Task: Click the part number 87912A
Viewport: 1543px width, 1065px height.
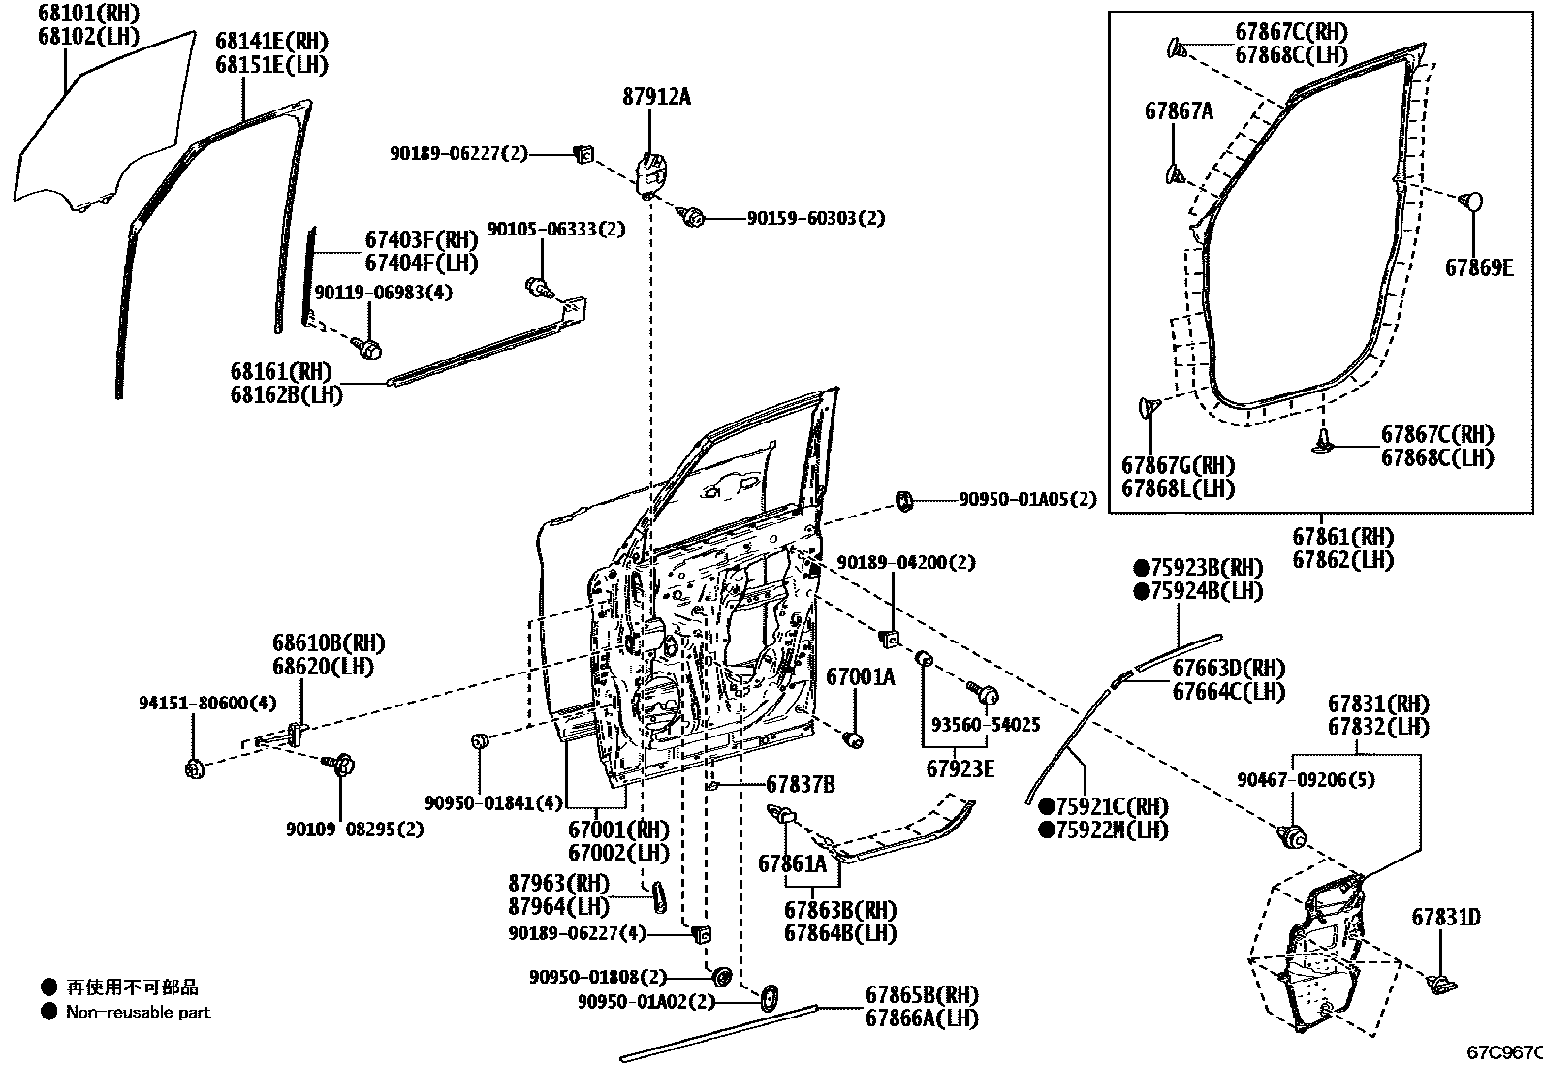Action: [x=656, y=96]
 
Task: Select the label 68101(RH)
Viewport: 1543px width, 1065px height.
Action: [x=88, y=14]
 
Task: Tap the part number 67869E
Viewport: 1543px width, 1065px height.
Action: [x=1478, y=268]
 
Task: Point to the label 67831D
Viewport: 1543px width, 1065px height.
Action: [x=1445, y=917]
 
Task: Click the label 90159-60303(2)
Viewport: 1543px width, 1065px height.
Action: [x=816, y=219]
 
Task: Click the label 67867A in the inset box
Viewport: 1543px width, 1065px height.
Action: [x=1179, y=111]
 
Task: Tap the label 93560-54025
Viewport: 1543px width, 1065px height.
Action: [x=986, y=724]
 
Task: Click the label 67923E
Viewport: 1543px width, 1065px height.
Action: [x=960, y=768]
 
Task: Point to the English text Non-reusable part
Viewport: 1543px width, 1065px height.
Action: [x=138, y=1012]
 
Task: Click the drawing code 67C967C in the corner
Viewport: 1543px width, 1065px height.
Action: [x=1503, y=1051]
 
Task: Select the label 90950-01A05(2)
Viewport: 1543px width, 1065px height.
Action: [x=1027, y=499]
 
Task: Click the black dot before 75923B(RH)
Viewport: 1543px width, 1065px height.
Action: [x=1143, y=567]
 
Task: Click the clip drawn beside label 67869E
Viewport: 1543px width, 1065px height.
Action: [x=1470, y=201]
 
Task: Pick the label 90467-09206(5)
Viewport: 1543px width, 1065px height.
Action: [x=1306, y=779]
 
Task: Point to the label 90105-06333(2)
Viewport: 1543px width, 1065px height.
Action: [x=569, y=230]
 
